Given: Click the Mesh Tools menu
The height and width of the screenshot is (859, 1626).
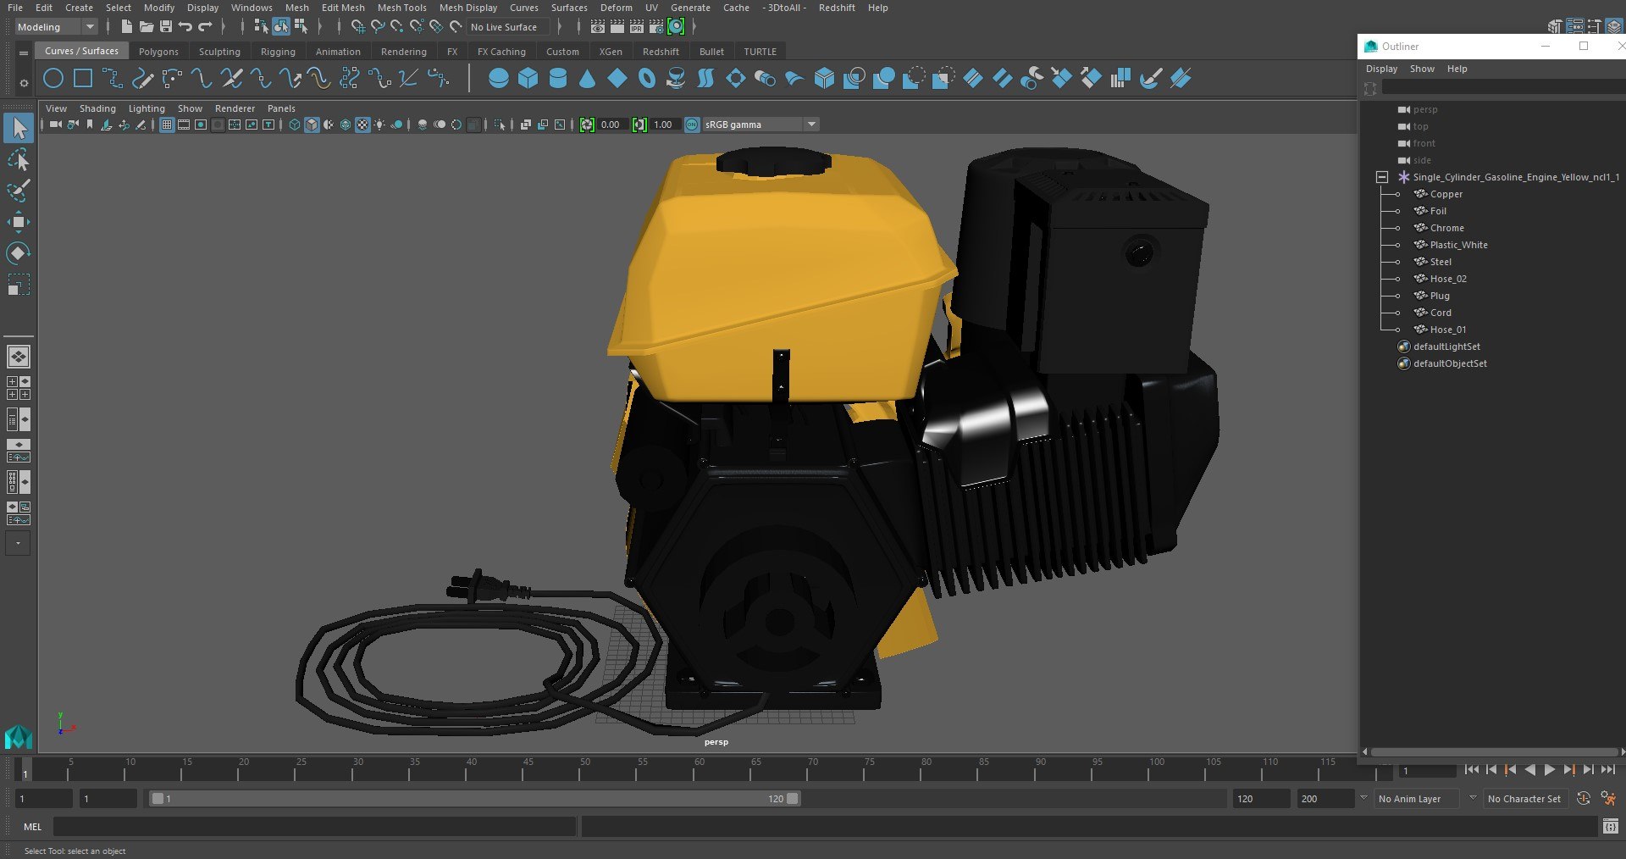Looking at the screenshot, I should (x=401, y=8).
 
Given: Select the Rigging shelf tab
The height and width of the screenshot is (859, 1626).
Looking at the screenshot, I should (x=278, y=52).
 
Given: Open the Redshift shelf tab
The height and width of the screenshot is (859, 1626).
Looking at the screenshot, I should (x=660, y=52).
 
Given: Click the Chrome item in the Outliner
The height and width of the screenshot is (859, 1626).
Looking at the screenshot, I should (x=1446, y=228).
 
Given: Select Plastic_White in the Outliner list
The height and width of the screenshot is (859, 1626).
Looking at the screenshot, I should (x=1458, y=245).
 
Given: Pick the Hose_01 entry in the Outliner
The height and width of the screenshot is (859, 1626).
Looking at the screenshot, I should (x=1447, y=330).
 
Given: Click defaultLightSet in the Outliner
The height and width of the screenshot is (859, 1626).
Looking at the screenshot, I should (x=1446, y=346).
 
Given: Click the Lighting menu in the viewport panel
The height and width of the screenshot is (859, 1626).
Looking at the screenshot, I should (x=147, y=108).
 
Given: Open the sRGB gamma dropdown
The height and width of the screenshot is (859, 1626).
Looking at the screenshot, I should (x=810, y=125).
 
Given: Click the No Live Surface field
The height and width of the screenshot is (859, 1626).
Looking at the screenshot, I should (x=504, y=27).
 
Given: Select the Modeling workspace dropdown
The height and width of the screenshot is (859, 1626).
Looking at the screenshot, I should (x=55, y=27).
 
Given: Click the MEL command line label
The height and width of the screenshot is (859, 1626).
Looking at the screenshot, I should (x=32, y=827).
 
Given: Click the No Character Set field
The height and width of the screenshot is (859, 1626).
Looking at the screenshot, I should (x=1524, y=799).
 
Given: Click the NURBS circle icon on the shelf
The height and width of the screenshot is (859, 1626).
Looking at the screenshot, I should (x=53, y=80).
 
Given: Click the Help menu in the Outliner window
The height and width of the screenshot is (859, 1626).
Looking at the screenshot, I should (x=1457, y=69).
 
